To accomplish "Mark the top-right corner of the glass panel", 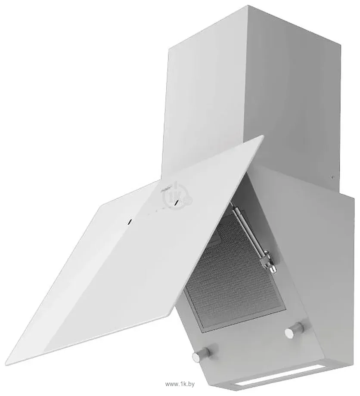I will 263,136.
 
